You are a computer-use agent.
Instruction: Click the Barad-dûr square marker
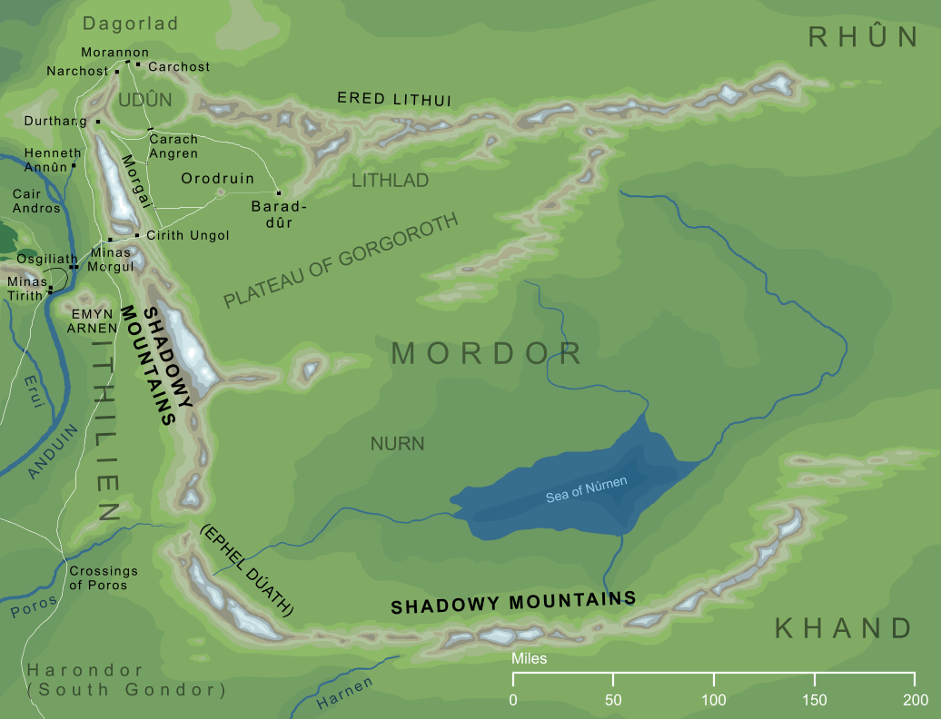tap(279, 192)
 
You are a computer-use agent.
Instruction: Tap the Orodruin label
tap(218, 179)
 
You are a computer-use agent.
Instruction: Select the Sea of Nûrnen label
tap(586, 489)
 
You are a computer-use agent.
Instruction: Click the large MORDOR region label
tap(486, 353)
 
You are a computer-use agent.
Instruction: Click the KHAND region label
tap(843, 628)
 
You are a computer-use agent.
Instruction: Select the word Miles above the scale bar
tap(530, 658)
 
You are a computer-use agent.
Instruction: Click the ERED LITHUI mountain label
tap(393, 98)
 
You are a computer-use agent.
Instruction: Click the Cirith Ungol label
tap(187, 235)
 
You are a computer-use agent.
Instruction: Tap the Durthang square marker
tap(97, 121)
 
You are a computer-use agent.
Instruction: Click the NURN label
tap(398, 444)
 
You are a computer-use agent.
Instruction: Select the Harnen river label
tap(345, 694)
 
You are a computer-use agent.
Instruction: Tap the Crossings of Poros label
tap(104, 578)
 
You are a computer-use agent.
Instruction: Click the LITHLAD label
tap(390, 181)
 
